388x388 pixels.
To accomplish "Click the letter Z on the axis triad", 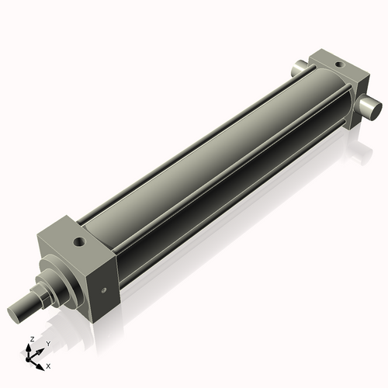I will point(29,340).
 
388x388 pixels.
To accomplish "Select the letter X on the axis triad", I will point(48,365).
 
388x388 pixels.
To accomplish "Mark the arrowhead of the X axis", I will point(42,363).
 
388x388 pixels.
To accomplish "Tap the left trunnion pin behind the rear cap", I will point(300,70).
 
